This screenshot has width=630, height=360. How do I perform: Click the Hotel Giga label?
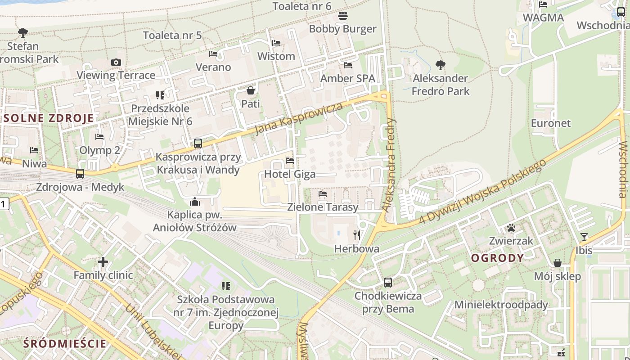(x=290, y=174)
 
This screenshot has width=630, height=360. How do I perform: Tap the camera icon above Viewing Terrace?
(x=116, y=62)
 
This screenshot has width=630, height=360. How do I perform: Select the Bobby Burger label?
(x=342, y=29)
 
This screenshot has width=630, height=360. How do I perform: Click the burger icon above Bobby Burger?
(x=343, y=16)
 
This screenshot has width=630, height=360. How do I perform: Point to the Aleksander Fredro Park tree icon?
(x=441, y=65)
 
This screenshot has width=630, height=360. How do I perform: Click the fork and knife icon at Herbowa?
(x=357, y=235)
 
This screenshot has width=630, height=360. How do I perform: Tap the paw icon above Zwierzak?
(x=511, y=228)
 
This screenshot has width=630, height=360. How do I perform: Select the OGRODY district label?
(x=497, y=258)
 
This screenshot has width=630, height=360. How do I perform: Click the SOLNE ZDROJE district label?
(x=49, y=118)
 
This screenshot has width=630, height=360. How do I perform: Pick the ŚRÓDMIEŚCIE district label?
(x=65, y=344)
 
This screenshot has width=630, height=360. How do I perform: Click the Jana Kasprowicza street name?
(x=298, y=118)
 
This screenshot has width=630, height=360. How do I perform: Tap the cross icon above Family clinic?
(x=103, y=261)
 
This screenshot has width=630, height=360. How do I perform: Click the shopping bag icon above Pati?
(x=251, y=90)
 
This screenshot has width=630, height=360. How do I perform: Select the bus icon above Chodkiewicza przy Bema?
(x=388, y=283)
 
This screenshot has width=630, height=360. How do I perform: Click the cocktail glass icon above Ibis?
(x=584, y=237)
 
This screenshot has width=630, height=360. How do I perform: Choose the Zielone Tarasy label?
(x=323, y=207)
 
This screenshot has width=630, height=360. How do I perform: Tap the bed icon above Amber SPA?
(x=348, y=65)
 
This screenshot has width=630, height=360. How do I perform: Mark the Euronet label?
(x=550, y=123)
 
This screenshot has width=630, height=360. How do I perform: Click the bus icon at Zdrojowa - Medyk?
(x=80, y=173)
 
